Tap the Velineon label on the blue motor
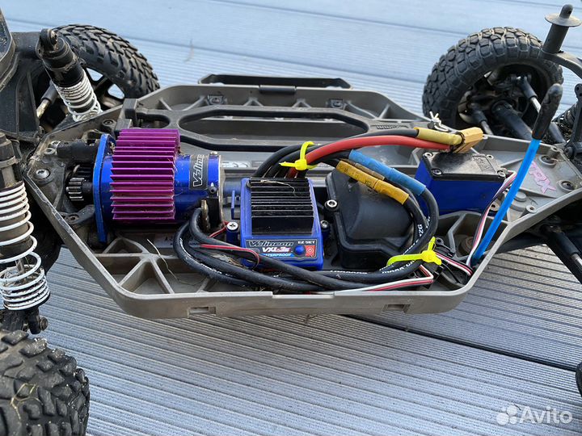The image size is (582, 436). click(x=200, y=171)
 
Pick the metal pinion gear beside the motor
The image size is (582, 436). click(x=77, y=188)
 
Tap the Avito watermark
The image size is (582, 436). click(x=534, y=415)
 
